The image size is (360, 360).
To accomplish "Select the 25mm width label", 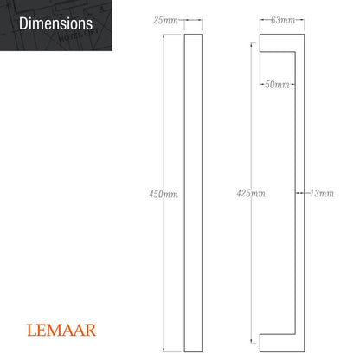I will (166, 19).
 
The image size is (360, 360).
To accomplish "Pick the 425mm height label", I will (251, 194).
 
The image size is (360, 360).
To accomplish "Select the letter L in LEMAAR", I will (31, 330).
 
